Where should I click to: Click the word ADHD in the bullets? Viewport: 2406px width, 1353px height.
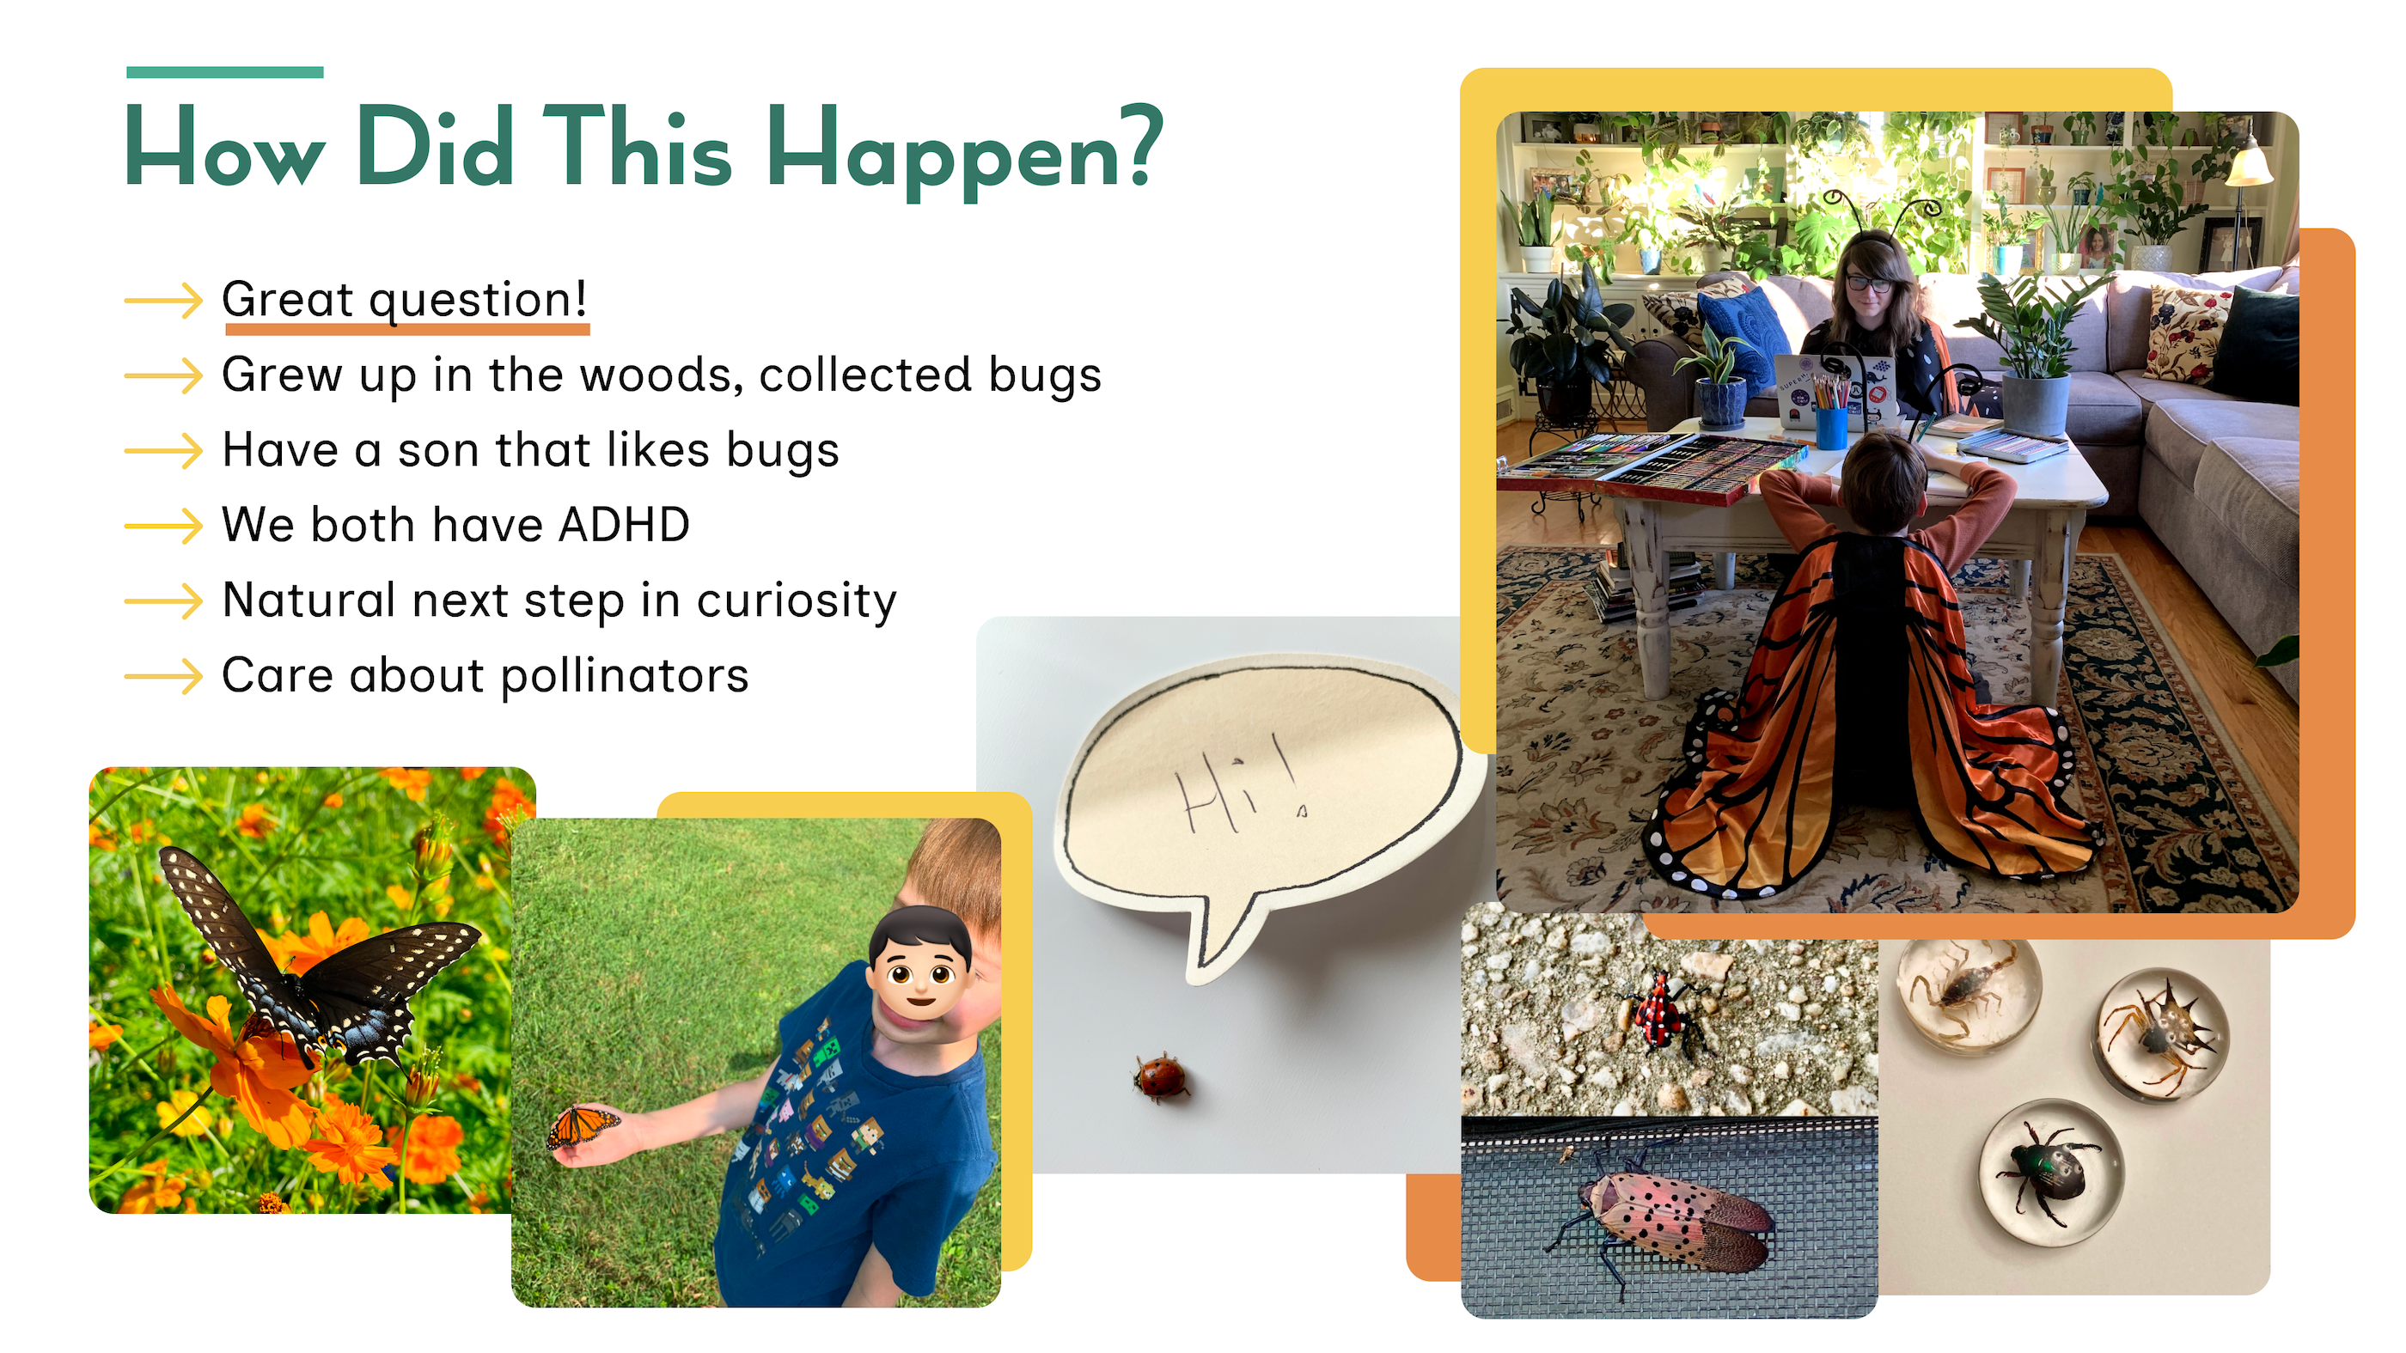pos(624,525)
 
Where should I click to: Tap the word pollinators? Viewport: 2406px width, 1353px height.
pos(625,676)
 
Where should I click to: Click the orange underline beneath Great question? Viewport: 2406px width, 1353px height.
pos(407,329)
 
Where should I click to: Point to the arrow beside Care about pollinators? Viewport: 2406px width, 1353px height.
pos(163,676)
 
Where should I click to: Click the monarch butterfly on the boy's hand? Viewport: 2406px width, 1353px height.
pos(582,1125)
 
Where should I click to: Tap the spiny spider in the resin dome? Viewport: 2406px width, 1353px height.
pos(2163,1033)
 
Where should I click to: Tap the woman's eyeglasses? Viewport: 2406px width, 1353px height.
pos(1871,282)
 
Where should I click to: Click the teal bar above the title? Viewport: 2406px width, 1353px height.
pos(225,72)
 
